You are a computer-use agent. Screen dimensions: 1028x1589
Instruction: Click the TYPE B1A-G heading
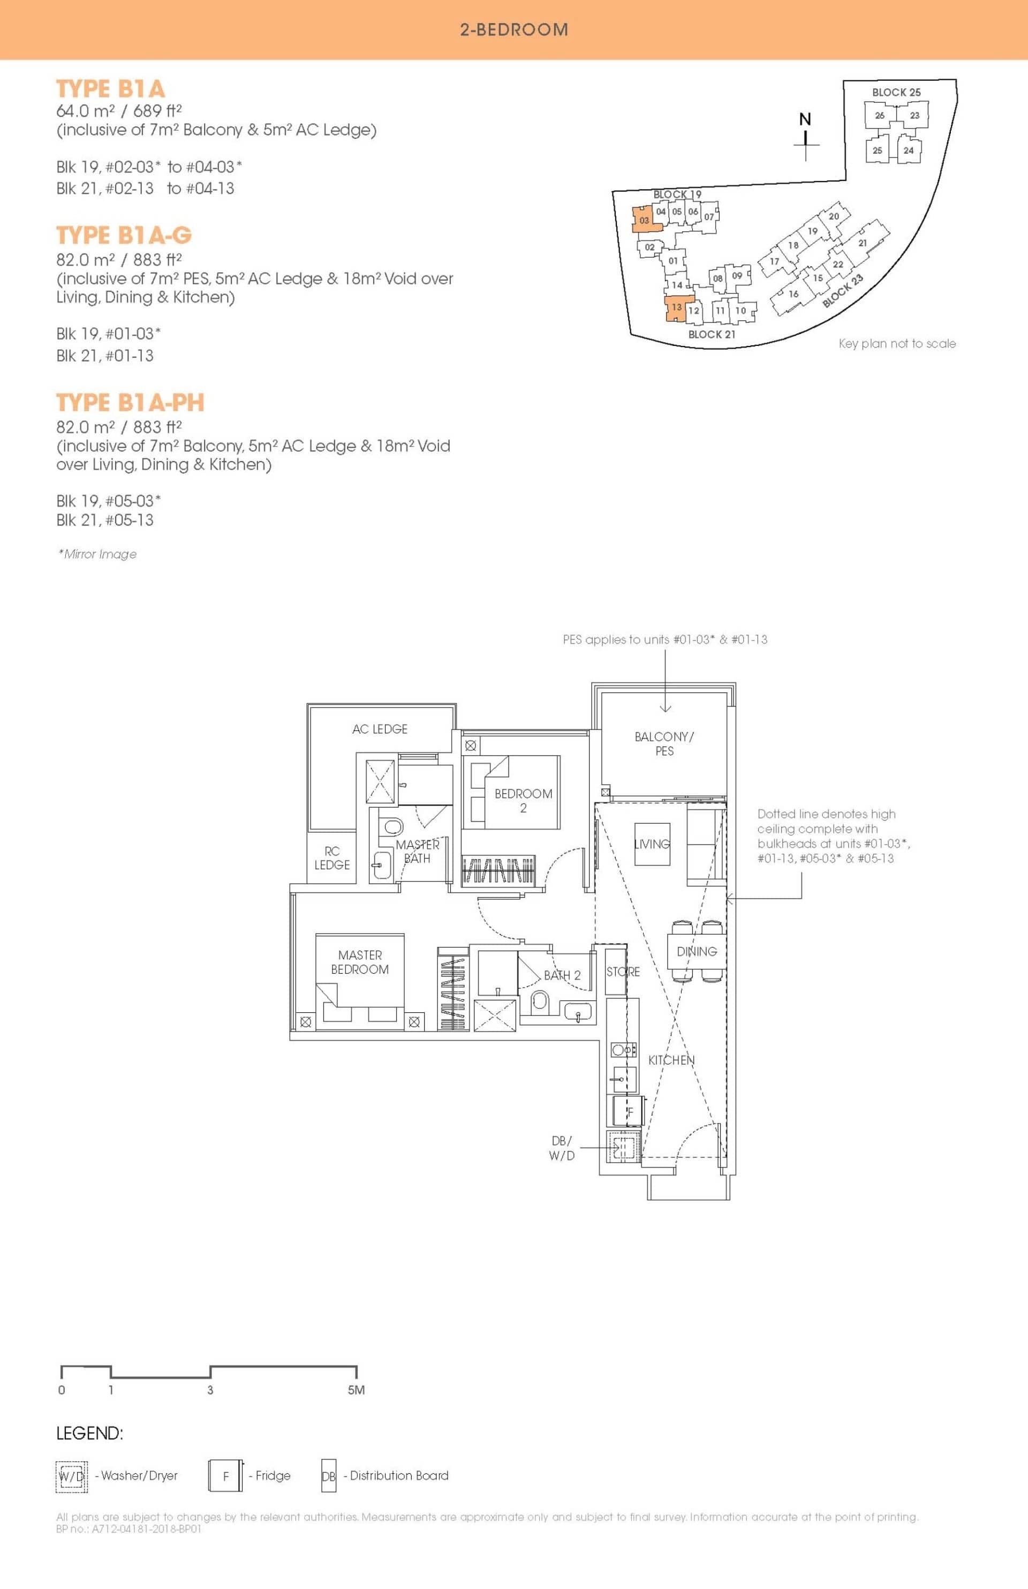point(124,235)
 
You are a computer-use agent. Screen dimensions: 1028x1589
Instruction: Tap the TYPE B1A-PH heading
point(130,403)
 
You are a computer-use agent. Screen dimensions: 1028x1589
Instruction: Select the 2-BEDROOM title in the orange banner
point(514,29)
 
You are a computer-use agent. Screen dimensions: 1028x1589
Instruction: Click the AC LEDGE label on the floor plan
point(380,729)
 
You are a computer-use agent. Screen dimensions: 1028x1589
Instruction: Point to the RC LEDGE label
point(332,858)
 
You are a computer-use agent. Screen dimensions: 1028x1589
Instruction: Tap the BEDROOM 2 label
point(523,801)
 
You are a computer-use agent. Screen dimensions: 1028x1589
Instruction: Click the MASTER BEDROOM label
point(360,962)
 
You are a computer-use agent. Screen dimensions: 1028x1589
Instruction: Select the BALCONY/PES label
point(664,744)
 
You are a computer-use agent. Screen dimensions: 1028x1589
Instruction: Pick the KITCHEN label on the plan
point(671,1060)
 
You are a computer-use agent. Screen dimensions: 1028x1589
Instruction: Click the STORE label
point(623,972)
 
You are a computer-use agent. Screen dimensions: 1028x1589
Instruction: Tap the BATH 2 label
point(562,975)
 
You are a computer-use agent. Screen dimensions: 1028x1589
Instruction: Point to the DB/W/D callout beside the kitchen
point(562,1148)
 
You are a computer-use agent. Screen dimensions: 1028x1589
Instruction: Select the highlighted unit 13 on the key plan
point(677,308)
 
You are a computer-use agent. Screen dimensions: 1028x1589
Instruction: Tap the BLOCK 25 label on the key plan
point(896,92)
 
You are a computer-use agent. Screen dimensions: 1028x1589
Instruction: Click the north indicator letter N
point(806,119)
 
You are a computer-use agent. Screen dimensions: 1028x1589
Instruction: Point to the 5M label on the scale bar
point(357,1390)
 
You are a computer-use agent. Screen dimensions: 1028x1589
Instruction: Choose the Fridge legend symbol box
point(225,1476)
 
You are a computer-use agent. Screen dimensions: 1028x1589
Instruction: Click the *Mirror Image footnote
point(97,554)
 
